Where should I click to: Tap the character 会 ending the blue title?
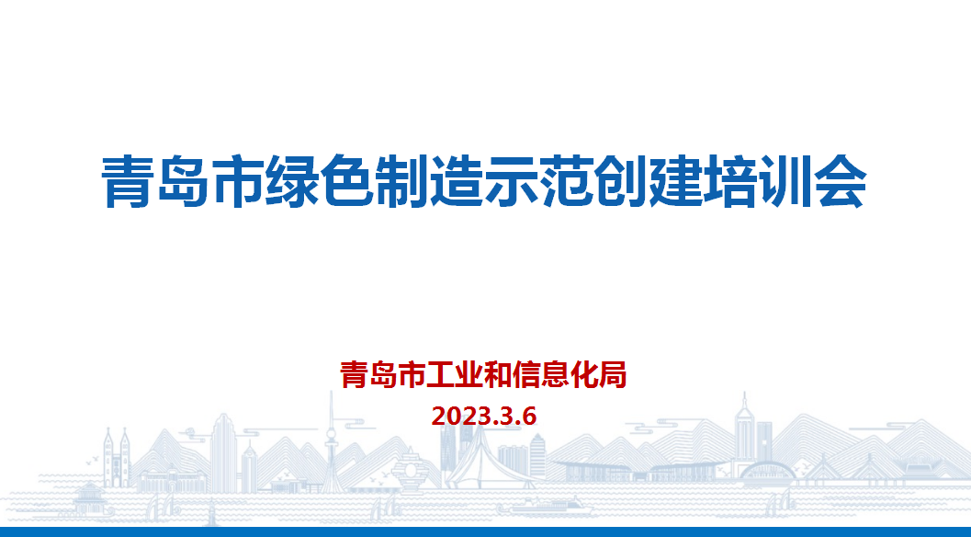[841, 181]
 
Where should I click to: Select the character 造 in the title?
[457, 181]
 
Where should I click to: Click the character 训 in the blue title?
[785, 181]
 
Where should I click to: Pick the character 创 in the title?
[621, 181]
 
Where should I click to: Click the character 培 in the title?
[730, 181]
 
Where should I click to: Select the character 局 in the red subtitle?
[613, 374]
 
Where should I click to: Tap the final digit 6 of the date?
[529, 416]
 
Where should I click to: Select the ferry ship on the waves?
[545, 506]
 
